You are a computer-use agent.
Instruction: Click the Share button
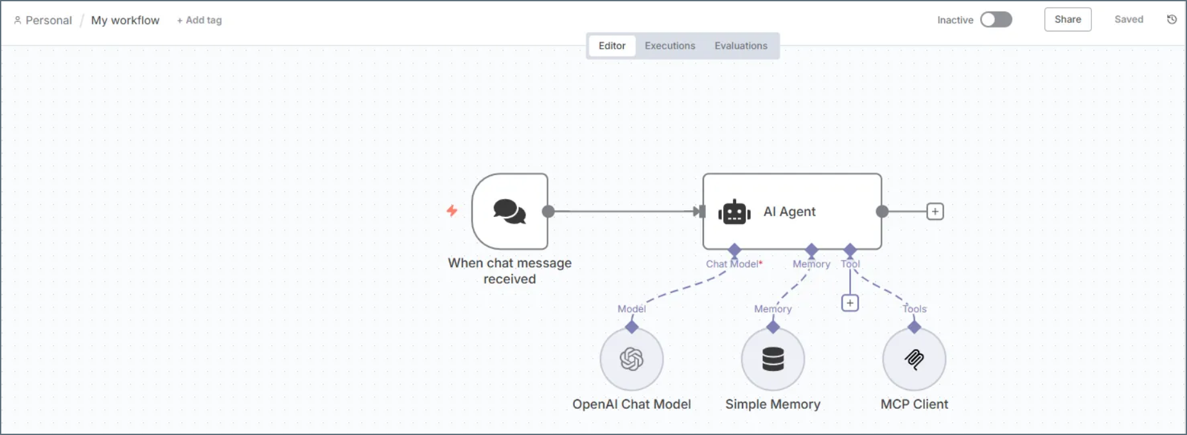pyautogui.click(x=1068, y=20)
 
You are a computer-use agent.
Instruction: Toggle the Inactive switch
pyautogui.click(x=996, y=20)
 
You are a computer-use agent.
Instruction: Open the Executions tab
pyautogui.click(x=670, y=46)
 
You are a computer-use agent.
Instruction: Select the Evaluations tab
pyautogui.click(x=741, y=46)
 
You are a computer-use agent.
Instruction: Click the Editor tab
pyautogui.click(x=611, y=46)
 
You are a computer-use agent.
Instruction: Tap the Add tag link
pyautogui.click(x=199, y=21)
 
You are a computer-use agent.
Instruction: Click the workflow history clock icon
pyautogui.click(x=1172, y=20)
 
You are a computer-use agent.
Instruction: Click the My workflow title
pyautogui.click(x=125, y=21)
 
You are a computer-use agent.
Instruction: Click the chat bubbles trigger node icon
pyautogui.click(x=509, y=211)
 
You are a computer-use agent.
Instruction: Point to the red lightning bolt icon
pyautogui.click(x=452, y=210)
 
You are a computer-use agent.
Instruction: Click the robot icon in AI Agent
pyautogui.click(x=734, y=212)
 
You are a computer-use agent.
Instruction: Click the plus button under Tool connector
pyautogui.click(x=850, y=303)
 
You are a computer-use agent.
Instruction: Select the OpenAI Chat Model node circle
pyautogui.click(x=631, y=359)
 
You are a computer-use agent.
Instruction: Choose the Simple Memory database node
pyautogui.click(x=773, y=359)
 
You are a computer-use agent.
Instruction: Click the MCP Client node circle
pyautogui.click(x=914, y=359)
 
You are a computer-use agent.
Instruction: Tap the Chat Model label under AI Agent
pyautogui.click(x=733, y=264)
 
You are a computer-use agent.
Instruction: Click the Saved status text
pyautogui.click(x=1129, y=20)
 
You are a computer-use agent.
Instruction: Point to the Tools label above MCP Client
pyautogui.click(x=915, y=309)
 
